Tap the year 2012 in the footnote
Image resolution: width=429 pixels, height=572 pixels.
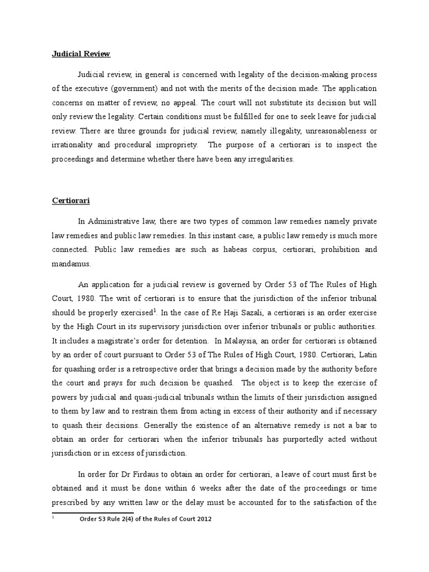pos(202,519)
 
